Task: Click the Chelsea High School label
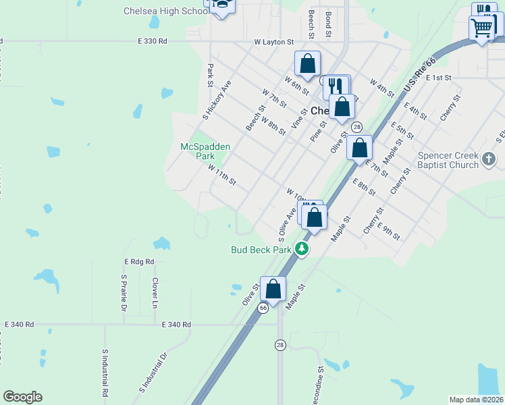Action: click(x=166, y=11)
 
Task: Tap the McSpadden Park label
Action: click(x=205, y=151)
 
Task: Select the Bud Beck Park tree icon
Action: click(x=302, y=250)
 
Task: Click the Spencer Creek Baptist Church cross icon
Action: click(x=490, y=160)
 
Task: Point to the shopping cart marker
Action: click(x=482, y=28)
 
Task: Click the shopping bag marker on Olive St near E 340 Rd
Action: click(x=273, y=289)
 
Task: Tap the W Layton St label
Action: click(x=274, y=42)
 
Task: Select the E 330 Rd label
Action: click(x=151, y=42)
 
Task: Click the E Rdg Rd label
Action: click(x=139, y=261)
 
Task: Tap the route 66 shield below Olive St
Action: click(x=263, y=307)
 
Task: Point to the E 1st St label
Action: click(x=439, y=78)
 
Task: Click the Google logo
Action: click(x=22, y=397)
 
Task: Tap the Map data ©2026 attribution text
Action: click(x=476, y=400)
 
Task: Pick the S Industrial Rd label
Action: click(x=105, y=372)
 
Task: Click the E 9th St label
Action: click(x=389, y=232)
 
